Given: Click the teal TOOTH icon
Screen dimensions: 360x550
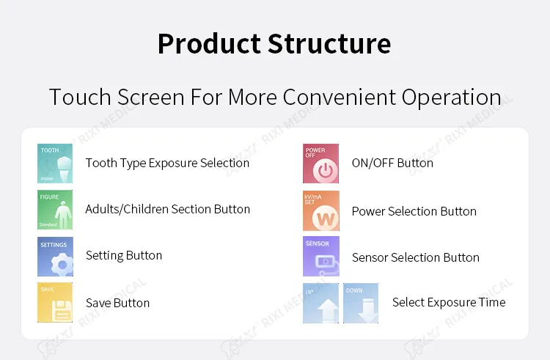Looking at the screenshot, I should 55,164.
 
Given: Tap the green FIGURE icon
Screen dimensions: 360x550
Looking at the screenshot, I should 55,210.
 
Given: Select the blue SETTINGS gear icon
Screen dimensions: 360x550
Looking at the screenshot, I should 55,257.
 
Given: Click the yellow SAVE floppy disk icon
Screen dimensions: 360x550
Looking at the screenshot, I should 55,302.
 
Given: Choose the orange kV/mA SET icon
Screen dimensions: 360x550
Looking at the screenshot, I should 321,211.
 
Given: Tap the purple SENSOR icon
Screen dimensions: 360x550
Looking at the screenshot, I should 321,257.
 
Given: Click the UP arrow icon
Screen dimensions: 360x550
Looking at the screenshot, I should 320,303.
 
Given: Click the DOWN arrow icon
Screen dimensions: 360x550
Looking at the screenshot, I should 361,303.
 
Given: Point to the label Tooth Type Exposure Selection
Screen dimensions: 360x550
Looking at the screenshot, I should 167,163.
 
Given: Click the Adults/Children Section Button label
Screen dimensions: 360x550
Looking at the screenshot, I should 167,210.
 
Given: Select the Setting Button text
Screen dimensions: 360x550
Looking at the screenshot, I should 124,256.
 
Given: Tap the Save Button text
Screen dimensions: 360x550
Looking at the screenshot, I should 117,303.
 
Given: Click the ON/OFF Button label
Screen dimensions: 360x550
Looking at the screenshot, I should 392,163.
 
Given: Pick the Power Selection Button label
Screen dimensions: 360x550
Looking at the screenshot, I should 414,211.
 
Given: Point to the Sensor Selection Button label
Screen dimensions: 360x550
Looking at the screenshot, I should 415,257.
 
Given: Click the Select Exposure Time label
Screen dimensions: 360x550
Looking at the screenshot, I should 448,302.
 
